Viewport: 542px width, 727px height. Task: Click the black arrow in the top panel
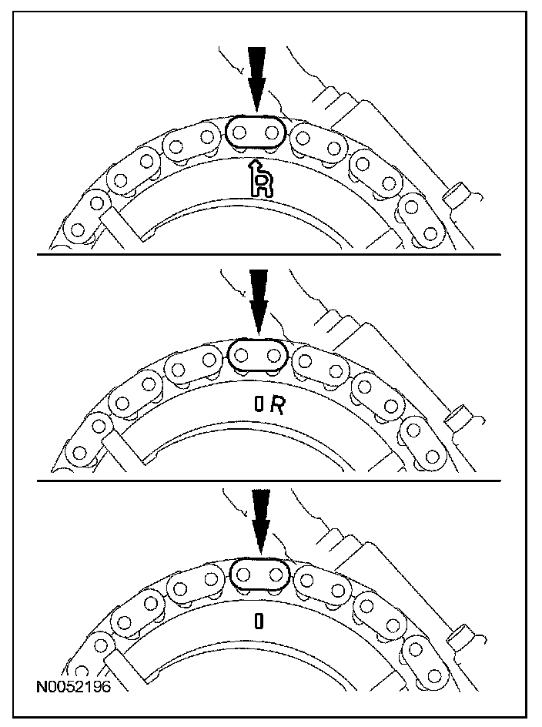pyautogui.click(x=257, y=77)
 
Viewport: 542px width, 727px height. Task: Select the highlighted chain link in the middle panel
pyautogui.click(x=257, y=355)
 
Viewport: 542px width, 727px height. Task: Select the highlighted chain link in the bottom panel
pyautogui.click(x=259, y=574)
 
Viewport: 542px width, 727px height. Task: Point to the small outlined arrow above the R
pyautogui.click(x=252, y=169)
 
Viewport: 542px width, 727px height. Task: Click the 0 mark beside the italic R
pyautogui.click(x=259, y=407)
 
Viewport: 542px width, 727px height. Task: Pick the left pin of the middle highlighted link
pyautogui.click(x=242, y=355)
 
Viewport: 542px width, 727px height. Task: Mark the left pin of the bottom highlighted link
pyautogui.click(x=243, y=574)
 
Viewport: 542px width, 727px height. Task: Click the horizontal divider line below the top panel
pyautogui.click(x=269, y=254)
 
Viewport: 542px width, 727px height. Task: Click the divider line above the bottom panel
pyautogui.click(x=269, y=481)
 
